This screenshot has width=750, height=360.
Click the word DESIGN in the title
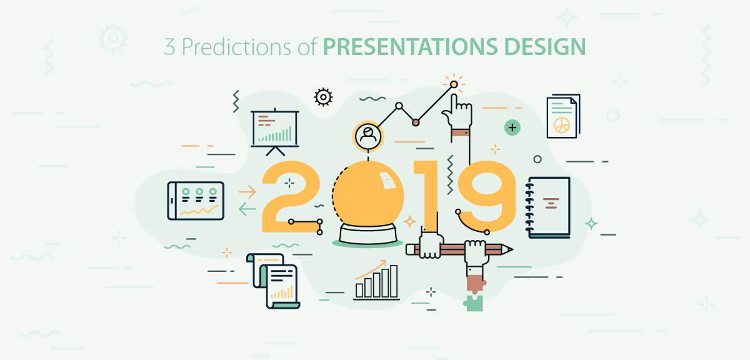(545, 46)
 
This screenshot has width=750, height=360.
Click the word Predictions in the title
(236, 47)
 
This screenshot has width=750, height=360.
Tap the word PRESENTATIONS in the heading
(410, 46)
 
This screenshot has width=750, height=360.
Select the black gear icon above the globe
(323, 97)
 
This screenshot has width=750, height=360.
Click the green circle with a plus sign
(512, 127)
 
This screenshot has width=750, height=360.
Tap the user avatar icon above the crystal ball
(368, 136)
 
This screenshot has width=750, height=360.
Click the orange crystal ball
(368, 194)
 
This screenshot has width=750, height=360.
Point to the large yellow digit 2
(291, 197)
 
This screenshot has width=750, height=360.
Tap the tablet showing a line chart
(196, 201)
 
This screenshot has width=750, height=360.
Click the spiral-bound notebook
(547, 207)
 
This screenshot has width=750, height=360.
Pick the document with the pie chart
(563, 116)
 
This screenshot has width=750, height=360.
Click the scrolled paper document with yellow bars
(273, 281)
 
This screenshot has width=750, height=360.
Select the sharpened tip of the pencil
(509, 249)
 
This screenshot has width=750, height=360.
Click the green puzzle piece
(474, 302)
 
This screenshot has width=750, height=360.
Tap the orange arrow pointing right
(247, 192)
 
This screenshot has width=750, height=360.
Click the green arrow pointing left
(247, 209)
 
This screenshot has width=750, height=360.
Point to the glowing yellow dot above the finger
(454, 84)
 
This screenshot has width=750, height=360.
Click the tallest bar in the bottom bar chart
(394, 281)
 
